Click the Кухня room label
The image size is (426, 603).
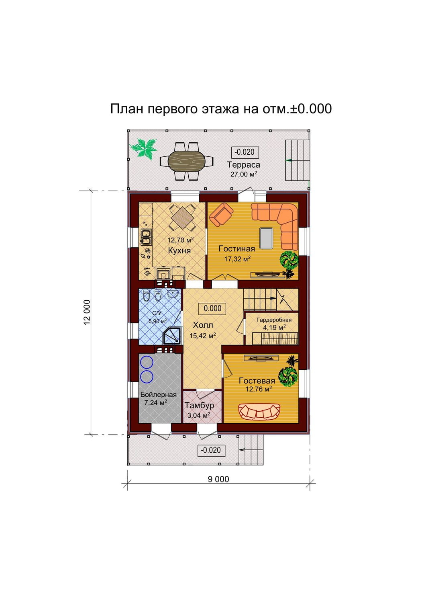(179, 250)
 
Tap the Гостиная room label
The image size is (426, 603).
(236, 248)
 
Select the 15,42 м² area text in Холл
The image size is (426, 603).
(203, 336)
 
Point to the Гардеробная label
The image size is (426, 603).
(274, 320)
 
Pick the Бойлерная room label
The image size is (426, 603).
(159, 395)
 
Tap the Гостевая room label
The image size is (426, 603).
(257, 381)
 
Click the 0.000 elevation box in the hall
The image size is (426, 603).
(212, 308)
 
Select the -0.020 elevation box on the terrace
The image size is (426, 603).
(245, 152)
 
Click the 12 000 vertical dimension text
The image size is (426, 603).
(87, 312)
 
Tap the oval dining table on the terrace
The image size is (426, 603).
(187, 161)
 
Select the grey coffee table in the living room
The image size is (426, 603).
(266, 238)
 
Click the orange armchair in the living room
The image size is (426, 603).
(222, 214)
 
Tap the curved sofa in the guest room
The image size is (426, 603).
(259, 411)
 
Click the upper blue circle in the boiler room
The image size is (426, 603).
(147, 362)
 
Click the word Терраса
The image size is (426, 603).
(244, 164)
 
